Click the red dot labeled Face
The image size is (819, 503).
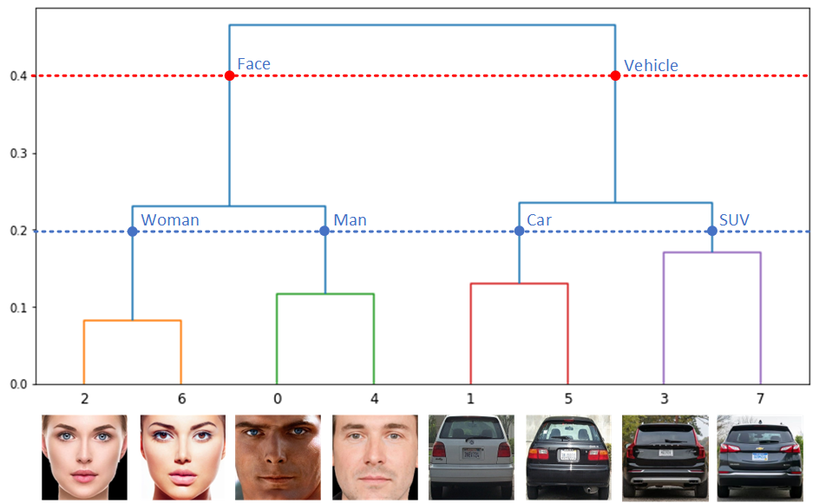tap(230, 76)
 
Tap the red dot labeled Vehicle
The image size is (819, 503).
tap(615, 76)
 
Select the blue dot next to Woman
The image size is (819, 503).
tap(133, 232)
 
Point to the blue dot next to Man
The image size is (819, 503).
tap(324, 232)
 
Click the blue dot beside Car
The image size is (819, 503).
tap(519, 232)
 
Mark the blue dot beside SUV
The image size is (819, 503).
tap(711, 232)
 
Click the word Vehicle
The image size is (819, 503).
tap(651, 65)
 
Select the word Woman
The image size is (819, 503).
tap(170, 220)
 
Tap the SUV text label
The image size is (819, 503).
tap(734, 220)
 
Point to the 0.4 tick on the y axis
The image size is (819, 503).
tap(19, 76)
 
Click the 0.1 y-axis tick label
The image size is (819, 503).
tap(19, 307)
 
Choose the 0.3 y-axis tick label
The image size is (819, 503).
tap(19, 154)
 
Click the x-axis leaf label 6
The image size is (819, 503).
tap(181, 399)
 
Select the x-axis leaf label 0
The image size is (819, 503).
tap(278, 399)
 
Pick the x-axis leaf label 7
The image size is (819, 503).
tap(760, 399)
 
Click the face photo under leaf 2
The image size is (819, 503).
tap(84, 456)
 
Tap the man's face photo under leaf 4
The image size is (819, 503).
tap(374, 456)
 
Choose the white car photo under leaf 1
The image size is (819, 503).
tap(471, 456)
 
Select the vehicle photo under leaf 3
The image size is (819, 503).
tap(665, 456)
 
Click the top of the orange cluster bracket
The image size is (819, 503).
tap(133, 321)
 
